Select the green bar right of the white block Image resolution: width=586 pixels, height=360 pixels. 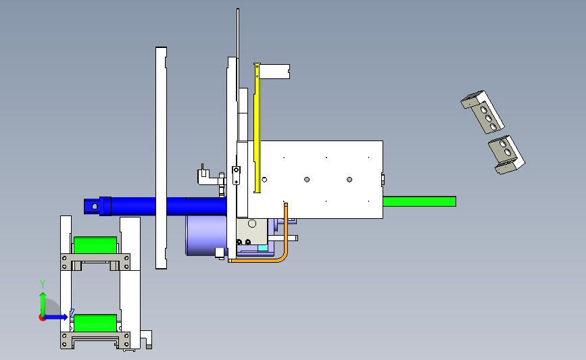click(x=419, y=201)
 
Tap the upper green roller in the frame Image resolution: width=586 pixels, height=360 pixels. click(x=95, y=245)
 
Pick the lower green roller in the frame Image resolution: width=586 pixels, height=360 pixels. click(x=95, y=323)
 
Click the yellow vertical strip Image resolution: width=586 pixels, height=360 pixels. click(x=257, y=128)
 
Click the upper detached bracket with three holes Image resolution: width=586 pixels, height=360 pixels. click(x=483, y=111)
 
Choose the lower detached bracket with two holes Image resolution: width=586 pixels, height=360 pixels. click(x=507, y=154)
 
